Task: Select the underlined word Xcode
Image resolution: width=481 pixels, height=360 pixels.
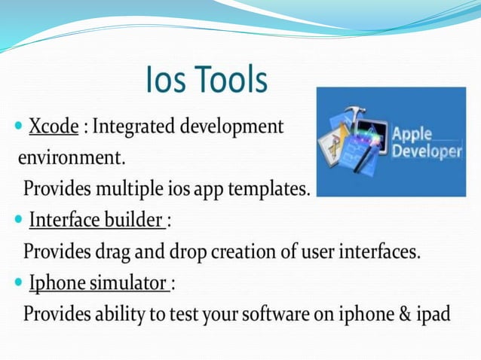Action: [54, 127]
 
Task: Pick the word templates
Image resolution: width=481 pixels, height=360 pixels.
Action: [269, 189]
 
